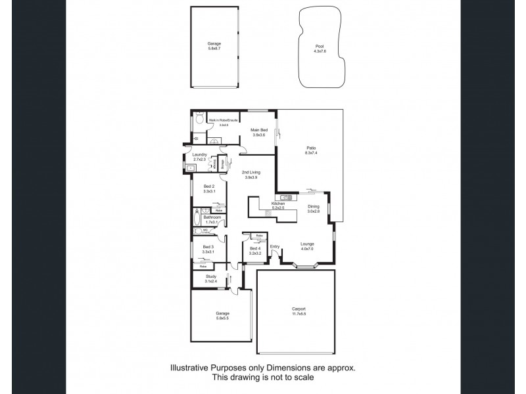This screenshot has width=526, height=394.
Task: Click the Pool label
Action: tap(320, 46)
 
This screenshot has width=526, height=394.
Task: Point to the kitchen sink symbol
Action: tap(286, 197)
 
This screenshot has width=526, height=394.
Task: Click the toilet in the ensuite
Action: tap(199, 121)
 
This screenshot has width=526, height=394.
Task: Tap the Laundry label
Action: tap(200, 155)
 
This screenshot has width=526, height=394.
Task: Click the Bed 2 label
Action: tap(208, 186)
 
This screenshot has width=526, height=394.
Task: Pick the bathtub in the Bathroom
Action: tap(197, 217)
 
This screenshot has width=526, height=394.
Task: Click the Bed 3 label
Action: tap(208, 246)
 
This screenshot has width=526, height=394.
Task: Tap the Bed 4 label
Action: tap(256, 248)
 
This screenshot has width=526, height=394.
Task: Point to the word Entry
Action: tap(275, 246)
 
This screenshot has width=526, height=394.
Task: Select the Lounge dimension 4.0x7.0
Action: tap(307, 248)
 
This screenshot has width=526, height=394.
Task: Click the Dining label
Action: tap(314, 206)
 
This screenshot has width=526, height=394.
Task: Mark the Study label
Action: tap(210, 276)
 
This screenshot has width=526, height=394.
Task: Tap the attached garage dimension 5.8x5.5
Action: tap(223, 318)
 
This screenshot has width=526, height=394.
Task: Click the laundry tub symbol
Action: tap(190, 167)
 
